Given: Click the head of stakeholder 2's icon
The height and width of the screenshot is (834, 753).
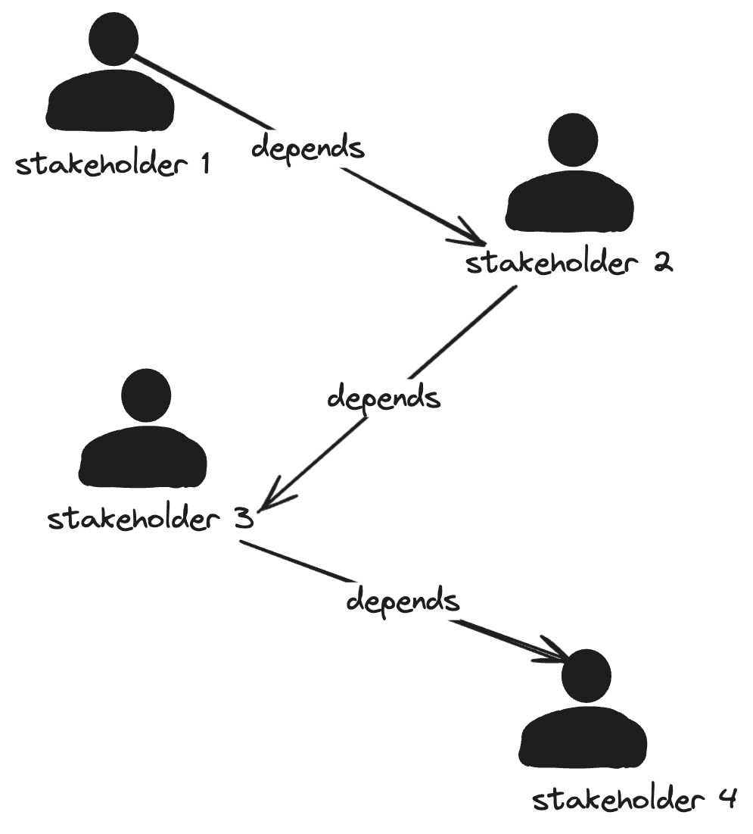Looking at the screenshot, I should (573, 140).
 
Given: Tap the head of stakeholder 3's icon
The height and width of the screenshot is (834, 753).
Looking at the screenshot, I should (146, 396).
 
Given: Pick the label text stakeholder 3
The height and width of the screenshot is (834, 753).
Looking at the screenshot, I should (149, 520).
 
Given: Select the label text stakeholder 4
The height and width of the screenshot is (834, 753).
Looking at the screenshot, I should (634, 800).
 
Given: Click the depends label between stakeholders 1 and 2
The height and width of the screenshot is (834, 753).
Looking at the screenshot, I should (307, 147).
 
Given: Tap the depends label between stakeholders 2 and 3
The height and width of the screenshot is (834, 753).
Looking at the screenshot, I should (383, 397).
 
